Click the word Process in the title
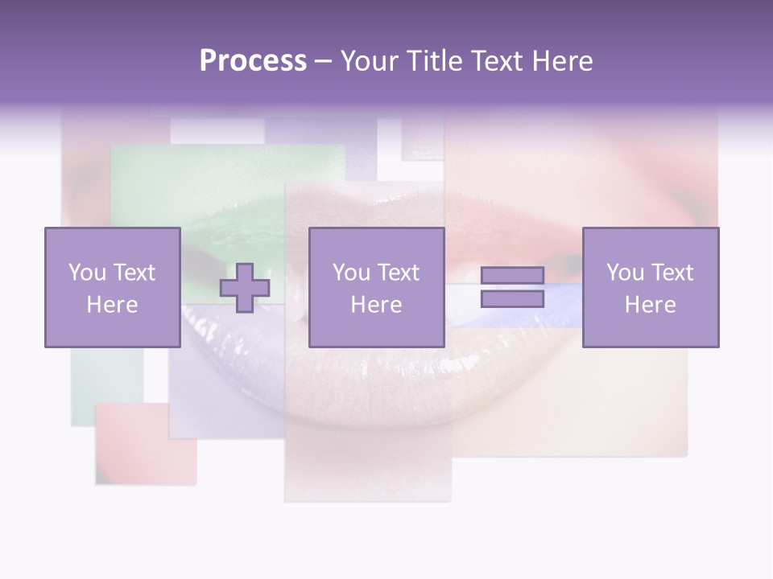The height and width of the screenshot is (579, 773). tap(253, 61)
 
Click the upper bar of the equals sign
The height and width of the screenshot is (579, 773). tap(512, 275)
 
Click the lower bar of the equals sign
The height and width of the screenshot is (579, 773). tap(512, 298)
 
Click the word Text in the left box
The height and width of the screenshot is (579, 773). tap(134, 273)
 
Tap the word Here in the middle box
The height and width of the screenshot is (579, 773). tap(376, 305)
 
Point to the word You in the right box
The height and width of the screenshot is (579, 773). tap(626, 273)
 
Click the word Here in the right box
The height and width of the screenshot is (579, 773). tap(651, 305)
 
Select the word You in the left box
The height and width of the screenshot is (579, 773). tap(87, 273)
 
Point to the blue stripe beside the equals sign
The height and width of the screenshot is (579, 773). tap(564, 306)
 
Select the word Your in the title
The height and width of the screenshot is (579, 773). tap(367, 61)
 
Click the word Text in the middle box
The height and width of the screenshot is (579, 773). tap(399, 273)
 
